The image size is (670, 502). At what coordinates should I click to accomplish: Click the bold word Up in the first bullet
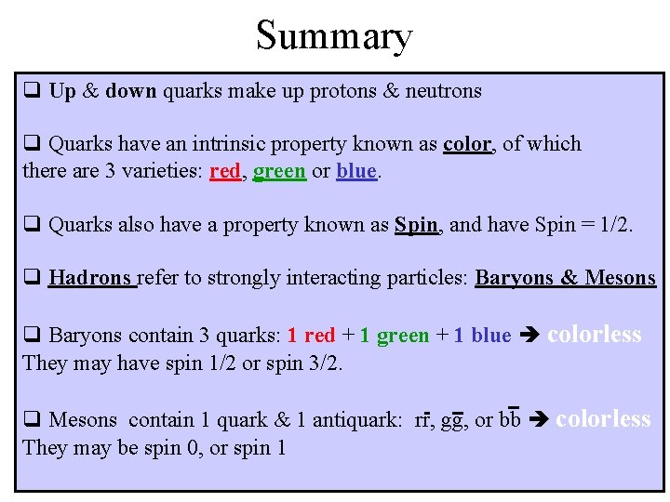62,91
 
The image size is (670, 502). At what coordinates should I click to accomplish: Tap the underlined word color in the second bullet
466,144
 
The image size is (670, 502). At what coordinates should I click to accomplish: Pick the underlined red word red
225,172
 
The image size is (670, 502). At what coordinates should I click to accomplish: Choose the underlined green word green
279,172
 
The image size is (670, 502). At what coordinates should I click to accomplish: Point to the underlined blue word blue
356,172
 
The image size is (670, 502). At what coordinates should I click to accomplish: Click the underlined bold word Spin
416,225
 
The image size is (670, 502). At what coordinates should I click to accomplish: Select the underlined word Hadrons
91,278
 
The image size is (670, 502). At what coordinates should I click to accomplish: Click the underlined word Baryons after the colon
514,278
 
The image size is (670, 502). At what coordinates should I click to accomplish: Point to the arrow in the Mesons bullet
537,420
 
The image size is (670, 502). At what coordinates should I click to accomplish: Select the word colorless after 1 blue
594,335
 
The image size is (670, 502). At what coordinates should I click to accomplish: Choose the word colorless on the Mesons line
603,419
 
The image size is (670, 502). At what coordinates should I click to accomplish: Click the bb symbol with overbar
509,420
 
